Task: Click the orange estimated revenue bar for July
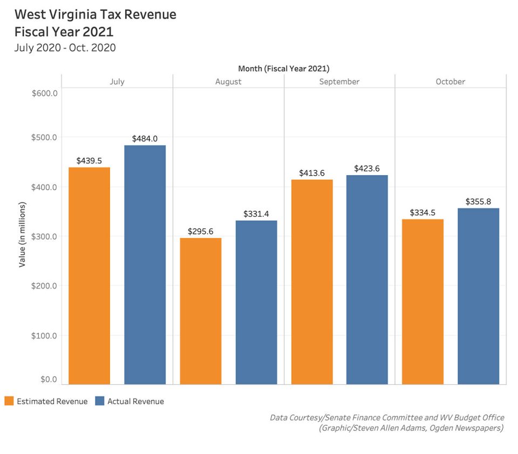90,276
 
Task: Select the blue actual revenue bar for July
145,265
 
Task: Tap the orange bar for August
201,311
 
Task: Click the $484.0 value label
145,139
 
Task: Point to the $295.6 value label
201,231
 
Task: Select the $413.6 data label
312,173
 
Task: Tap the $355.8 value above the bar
478,202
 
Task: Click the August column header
228,82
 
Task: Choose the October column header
450,82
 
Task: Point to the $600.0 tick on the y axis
45,93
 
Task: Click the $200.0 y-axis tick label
45,286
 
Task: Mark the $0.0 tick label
48,379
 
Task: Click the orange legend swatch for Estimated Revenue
9,401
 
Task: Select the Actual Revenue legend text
135,402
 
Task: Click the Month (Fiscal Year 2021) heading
283,69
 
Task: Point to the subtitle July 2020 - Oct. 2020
65,48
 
